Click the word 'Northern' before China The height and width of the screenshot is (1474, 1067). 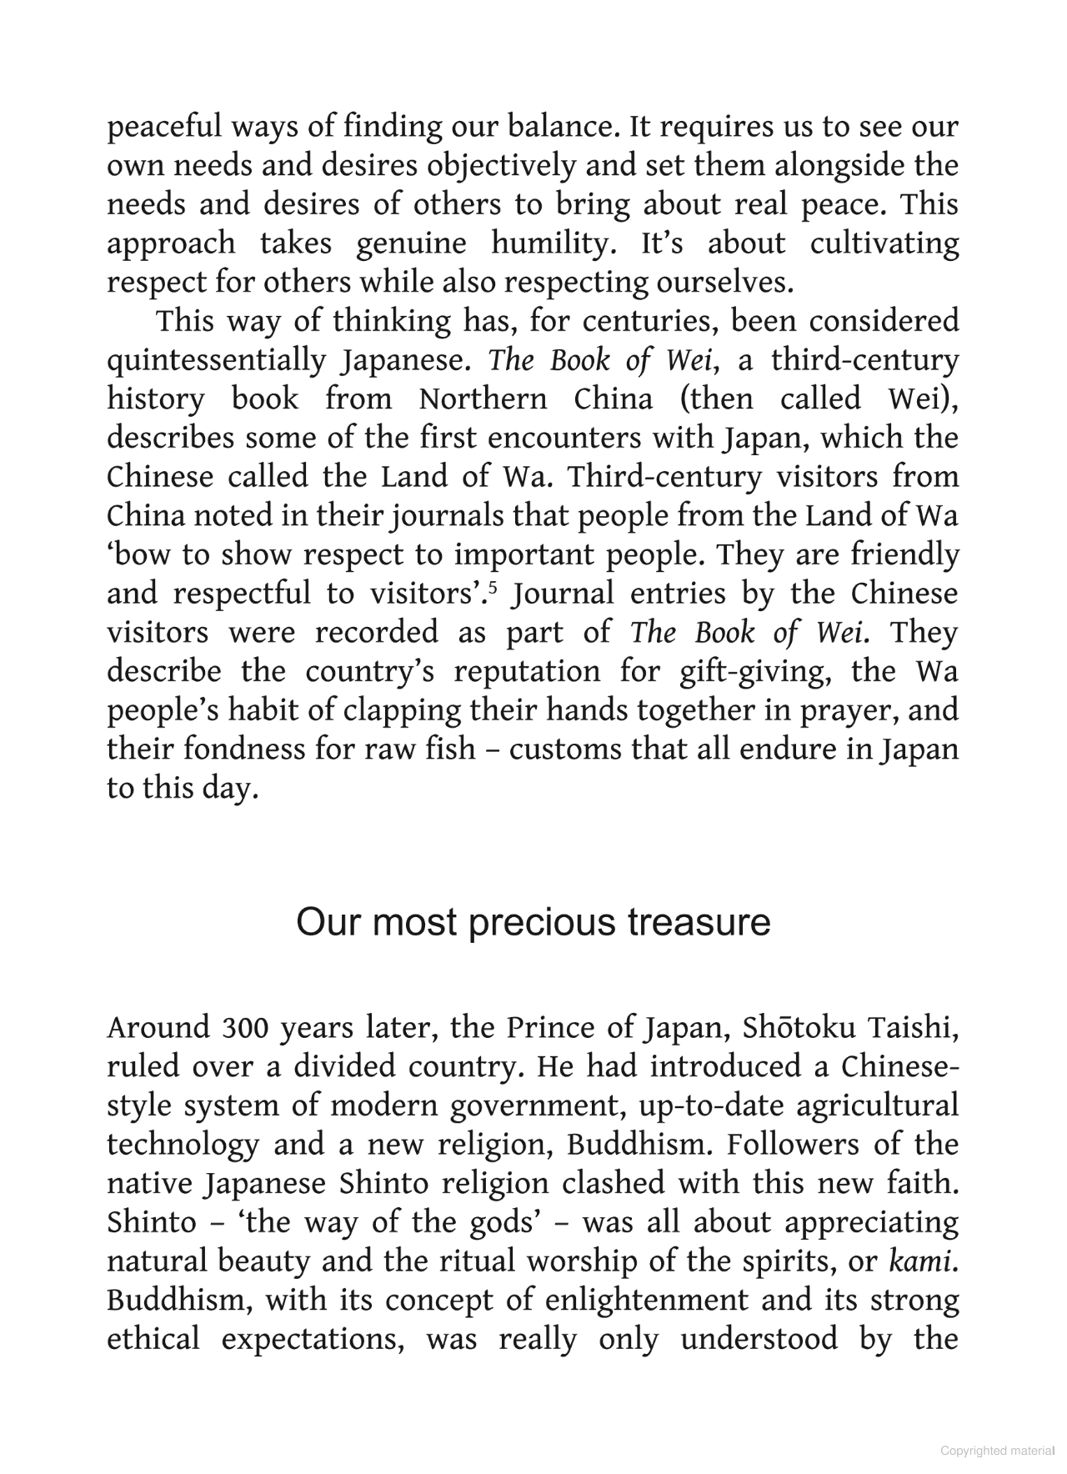[483, 399]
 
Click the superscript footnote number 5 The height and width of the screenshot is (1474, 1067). [493, 589]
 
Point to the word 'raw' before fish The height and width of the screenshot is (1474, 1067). [387, 750]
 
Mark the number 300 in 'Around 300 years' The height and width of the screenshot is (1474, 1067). [246, 1028]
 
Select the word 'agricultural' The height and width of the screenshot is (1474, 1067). [878, 1106]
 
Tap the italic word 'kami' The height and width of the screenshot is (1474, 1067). [920, 1261]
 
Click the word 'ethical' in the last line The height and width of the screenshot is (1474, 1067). [153, 1340]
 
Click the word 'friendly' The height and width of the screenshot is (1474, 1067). [905, 555]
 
